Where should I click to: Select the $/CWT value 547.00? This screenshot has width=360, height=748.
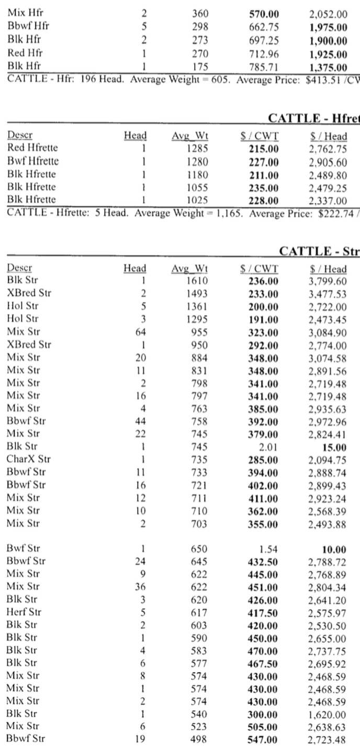click(x=263, y=739)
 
